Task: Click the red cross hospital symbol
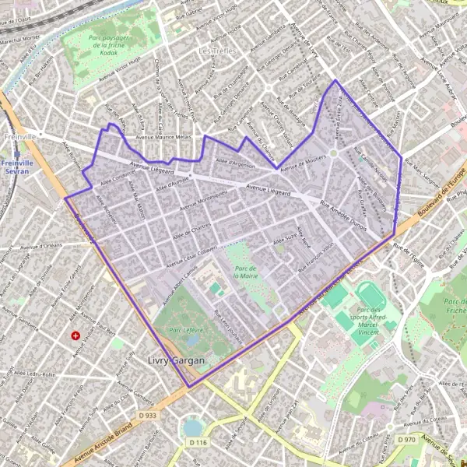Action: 75,335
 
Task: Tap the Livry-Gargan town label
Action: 176,361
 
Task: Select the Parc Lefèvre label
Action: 186,330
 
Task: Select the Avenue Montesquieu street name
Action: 203,202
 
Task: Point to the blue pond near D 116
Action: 192,428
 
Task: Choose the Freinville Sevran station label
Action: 16,167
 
